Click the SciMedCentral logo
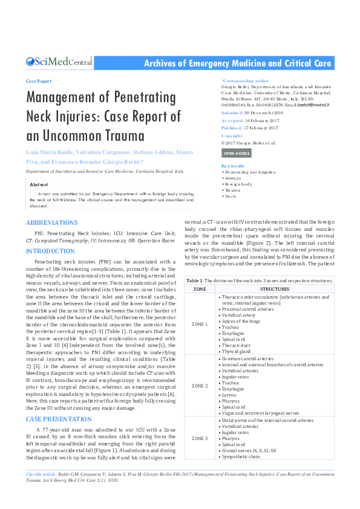(59, 62)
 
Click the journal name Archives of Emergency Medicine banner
(237, 63)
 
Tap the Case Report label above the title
(39, 80)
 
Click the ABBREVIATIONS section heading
(51, 223)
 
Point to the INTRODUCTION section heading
(51, 250)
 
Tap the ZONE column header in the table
(199, 289)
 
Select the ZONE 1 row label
(199, 324)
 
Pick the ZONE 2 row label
(199, 385)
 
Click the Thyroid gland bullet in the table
(237, 351)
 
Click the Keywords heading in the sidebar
(233, 165)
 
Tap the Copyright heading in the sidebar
(232, 136)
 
